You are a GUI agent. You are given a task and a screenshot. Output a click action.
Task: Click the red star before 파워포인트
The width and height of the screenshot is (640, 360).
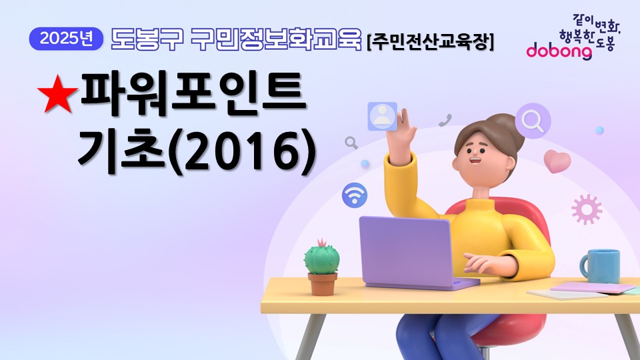[x=57, y=94]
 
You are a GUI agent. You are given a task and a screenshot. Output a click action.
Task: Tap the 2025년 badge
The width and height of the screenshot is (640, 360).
[x=66, y=39]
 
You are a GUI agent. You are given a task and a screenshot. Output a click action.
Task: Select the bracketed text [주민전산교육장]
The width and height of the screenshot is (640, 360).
[x=430, y=41]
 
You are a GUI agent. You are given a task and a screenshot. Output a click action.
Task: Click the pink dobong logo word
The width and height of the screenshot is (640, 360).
[x=559, y=51]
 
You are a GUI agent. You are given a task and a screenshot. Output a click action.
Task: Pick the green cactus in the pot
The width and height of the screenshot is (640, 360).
[x=321, y=257]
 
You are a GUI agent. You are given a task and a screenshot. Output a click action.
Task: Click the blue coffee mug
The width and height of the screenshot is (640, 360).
[x=600, y=266]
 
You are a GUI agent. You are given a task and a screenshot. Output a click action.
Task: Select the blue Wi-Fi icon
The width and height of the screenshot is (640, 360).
[x=354, y=195]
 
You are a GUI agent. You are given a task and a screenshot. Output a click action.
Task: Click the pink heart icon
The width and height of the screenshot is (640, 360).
[x=557, y=161]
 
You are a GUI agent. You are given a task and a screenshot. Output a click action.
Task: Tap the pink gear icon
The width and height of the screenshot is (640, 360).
[x=587, y=209]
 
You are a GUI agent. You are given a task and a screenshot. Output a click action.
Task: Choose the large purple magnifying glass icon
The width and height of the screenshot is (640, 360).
[x=533, y=121]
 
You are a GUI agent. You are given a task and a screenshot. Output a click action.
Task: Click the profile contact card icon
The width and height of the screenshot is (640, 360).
[x=383, y=116]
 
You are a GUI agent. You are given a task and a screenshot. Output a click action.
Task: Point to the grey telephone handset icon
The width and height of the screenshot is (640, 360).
[x=445, y=121]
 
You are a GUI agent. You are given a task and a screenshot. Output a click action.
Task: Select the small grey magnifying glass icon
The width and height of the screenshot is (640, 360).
[x=351, y=143]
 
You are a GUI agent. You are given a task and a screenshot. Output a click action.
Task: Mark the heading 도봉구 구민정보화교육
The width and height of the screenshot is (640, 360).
[x=236, y=39]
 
